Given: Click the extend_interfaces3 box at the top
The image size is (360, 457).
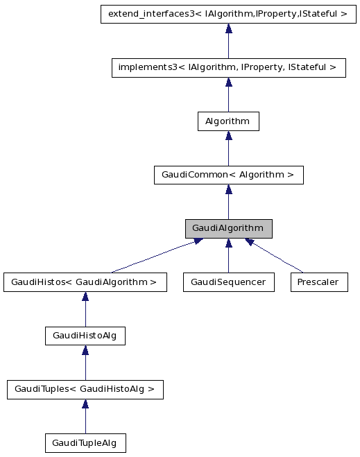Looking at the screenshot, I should click(x=228, y=15).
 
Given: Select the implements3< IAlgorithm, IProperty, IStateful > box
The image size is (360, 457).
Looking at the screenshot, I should click(x=228, y=68).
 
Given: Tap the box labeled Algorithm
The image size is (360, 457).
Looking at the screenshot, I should click(x=228, y=121).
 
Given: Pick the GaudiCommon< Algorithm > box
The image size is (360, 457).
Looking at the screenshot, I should click(x=228, y=175).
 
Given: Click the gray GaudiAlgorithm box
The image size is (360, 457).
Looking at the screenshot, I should click(x=228, y=228).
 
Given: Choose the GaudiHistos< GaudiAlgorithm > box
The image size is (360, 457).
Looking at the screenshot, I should click(x=85, y=282).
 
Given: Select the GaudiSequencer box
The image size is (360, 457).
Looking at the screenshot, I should click(x=228, y=282).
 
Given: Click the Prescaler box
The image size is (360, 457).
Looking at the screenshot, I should click(x=318, y=282).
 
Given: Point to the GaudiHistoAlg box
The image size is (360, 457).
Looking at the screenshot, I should click(x=85, y=336).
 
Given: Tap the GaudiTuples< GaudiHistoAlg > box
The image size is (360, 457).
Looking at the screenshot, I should click(x=85, y=389).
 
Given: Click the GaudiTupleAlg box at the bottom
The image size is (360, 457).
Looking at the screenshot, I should click(x=85, y=442).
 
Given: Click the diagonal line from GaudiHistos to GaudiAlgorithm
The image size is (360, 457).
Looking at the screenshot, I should click(x=153, y=257).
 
